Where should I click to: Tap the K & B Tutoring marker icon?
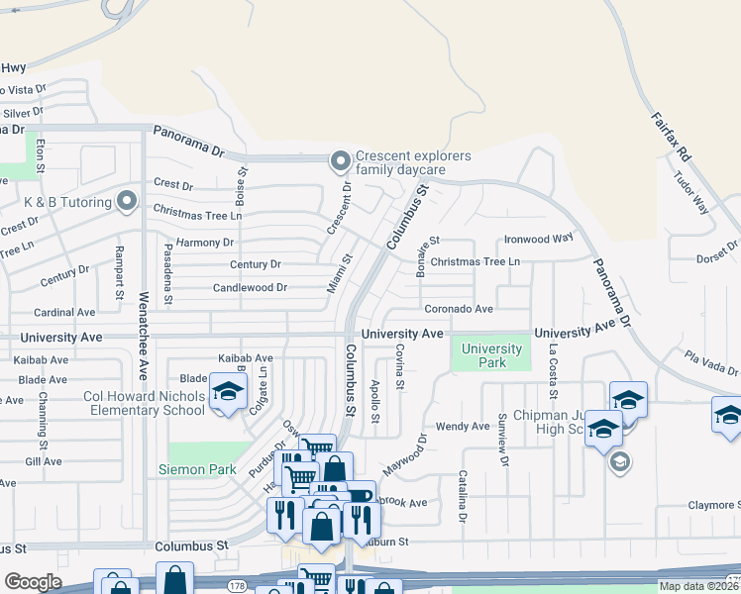point(126,202)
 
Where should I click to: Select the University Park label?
point(491,355)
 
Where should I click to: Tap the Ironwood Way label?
point(539,239)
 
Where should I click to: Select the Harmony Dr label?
point(204,243)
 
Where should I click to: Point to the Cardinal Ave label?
point(65,312)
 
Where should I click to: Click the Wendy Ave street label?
point(463,427)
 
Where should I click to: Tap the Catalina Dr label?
point(462,496)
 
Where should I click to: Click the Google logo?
point(32,582)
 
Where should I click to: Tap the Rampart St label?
point(118,272)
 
